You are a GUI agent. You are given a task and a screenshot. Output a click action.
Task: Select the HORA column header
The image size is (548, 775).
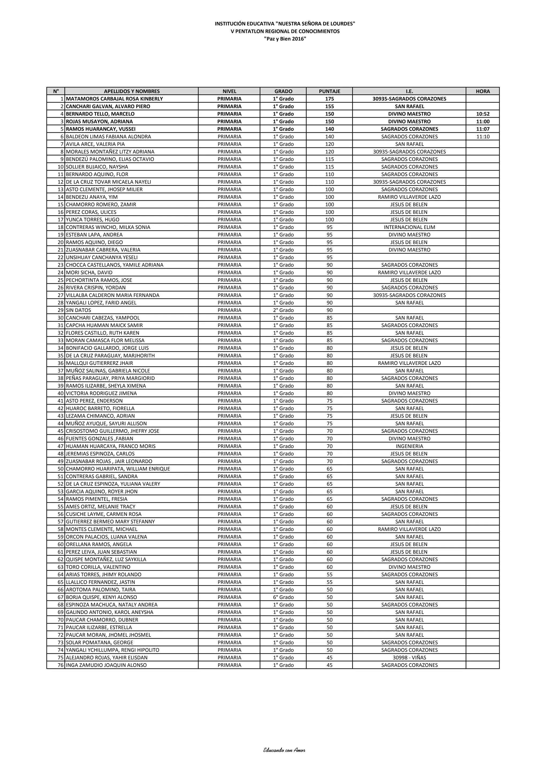coord(482,91)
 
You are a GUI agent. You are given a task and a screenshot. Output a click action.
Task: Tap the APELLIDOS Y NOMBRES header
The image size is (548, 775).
coord(132,91)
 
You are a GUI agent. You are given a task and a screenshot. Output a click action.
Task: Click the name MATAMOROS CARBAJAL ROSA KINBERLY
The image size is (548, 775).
coord(115,99)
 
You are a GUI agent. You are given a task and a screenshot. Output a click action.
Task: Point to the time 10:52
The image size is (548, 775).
coord(482,114)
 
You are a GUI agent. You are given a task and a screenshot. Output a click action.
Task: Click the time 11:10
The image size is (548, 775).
coord(482,137)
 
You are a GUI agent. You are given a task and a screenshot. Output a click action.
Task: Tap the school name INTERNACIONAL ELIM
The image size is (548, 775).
coord(409,227)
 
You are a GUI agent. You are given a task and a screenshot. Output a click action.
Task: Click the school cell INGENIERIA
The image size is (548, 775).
coord(409,446)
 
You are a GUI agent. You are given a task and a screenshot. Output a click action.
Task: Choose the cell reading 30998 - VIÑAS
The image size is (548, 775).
coord(409,658)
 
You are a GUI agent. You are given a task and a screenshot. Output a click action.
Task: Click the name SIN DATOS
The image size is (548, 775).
coord(78,310)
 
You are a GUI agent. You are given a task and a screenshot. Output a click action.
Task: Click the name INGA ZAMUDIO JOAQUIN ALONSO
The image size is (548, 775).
coord(106,665)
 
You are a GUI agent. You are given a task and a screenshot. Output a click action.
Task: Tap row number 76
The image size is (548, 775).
coord(60,665)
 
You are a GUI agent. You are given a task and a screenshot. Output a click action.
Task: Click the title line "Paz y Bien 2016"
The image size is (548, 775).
coord(285,39)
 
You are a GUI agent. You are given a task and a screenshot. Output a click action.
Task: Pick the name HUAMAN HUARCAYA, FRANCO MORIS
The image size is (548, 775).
coord(111,446)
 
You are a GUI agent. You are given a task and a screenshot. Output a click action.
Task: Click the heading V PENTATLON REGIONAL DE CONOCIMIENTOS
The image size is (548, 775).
coord(285,31)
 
